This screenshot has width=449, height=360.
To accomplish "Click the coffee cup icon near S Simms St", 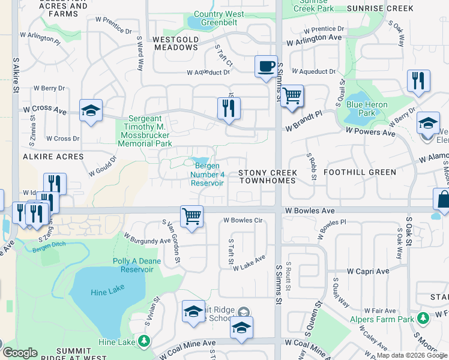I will tap(266, 66).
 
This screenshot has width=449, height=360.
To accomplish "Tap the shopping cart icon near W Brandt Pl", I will tap(292, 95).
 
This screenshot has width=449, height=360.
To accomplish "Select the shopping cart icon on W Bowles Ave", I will tap(191, 216).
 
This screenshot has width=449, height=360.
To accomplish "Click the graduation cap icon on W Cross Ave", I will tap(91, 110).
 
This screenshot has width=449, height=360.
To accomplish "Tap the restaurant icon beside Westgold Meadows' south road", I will tap(229, 108).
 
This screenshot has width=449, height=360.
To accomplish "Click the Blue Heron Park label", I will tap(367, 109).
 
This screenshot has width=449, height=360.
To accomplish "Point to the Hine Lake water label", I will tap(106, 292).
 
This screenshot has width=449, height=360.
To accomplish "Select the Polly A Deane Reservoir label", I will tap(133, 265).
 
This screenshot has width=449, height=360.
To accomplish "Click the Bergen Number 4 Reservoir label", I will tap(207, 174).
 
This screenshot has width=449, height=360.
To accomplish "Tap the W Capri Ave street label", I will tap(360, 271).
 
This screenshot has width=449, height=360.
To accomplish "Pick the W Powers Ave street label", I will tap(370, 131).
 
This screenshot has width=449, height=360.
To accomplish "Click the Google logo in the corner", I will tap(20, 353).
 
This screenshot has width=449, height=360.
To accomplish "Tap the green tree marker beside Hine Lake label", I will tap(143, 342).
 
